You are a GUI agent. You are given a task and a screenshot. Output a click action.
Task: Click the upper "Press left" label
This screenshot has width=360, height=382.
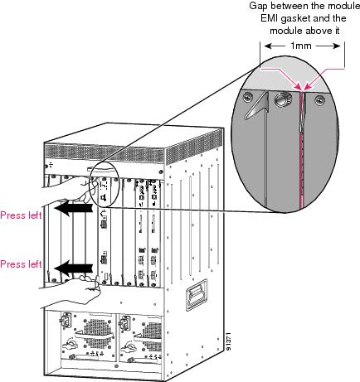pos(21,215)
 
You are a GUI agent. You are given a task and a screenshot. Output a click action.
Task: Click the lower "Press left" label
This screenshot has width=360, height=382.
pos(21,264)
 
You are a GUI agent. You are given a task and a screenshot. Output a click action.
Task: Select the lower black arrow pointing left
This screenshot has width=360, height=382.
pos(73,268)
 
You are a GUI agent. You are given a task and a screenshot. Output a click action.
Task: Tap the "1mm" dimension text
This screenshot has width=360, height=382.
pos(301,46)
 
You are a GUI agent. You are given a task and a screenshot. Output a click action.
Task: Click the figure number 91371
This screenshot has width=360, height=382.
pos(228,341)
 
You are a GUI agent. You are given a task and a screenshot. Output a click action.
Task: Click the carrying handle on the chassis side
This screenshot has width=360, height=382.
pos(197,294)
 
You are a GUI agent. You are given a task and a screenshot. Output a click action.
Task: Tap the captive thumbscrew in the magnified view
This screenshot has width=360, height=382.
pos(281,99)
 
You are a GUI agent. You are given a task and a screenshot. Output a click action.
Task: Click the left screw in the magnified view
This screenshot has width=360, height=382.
pos(246,97)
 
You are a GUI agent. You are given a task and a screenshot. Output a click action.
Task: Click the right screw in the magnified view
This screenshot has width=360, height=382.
pos(320,99)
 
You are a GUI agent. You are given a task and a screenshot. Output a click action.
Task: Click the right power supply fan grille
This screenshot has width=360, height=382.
pos(151,335)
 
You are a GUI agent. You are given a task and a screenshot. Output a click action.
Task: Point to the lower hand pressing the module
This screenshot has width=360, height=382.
pos(71,290)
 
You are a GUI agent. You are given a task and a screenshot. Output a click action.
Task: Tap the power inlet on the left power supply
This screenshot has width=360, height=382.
pos(65,319)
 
